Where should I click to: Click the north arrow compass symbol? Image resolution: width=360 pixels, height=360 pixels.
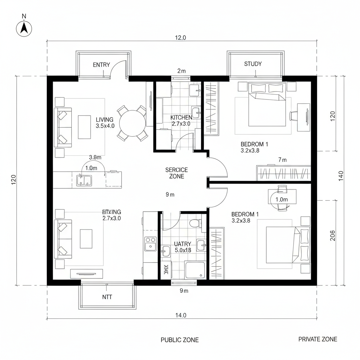click(24, 28)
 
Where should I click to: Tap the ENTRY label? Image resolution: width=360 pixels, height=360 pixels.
click(101, 65)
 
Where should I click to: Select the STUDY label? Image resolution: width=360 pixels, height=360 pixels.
click(253, 64)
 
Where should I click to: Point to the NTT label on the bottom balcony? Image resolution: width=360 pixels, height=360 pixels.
click(107, 297)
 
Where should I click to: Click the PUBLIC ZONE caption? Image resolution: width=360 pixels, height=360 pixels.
click(179, 340)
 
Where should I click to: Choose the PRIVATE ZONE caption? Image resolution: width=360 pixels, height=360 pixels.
click(317, 339)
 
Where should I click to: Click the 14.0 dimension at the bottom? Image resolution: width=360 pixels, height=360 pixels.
click(180, 315)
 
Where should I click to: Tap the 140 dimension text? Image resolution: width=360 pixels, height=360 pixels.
click(340, 175)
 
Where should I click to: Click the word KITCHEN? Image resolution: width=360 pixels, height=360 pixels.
click(181, 117)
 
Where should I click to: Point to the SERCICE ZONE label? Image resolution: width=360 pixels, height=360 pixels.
click(176, 173)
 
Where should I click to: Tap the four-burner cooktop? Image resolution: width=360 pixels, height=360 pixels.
click(150, 244)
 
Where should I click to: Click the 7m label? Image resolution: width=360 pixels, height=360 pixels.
click(282, 160)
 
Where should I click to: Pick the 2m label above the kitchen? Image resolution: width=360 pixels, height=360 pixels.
click(181, 71)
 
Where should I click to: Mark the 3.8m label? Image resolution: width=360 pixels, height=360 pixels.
click(95, 157)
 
